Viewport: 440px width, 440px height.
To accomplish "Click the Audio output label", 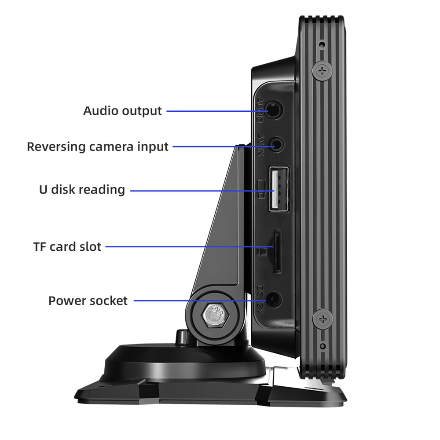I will coord(123,111).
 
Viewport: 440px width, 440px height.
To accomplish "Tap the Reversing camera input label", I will coord(98,147).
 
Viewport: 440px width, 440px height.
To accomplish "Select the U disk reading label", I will coord(82,190).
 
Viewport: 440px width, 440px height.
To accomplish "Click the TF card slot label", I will coord(67,246).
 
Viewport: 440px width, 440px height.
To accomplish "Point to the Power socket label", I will coord(88,301).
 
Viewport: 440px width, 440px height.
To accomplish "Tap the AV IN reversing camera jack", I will coord(276,144).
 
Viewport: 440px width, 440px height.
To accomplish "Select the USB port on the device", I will coord(278,188).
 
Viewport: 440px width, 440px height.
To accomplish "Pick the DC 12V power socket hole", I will coord(275,300).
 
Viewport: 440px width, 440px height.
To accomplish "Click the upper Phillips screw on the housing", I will coord(323,70).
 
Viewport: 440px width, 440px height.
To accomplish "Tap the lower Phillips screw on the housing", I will coord(323,318).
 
